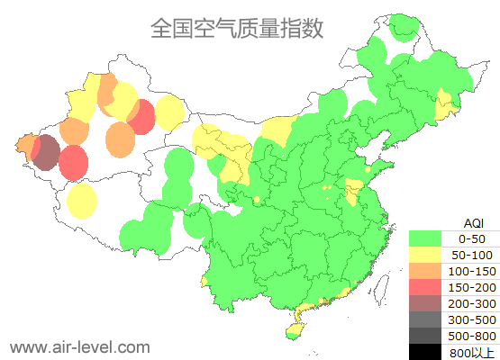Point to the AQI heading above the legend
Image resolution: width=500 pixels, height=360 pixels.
tap(473, 222)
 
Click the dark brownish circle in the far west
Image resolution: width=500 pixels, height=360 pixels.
tap(46, 152)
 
